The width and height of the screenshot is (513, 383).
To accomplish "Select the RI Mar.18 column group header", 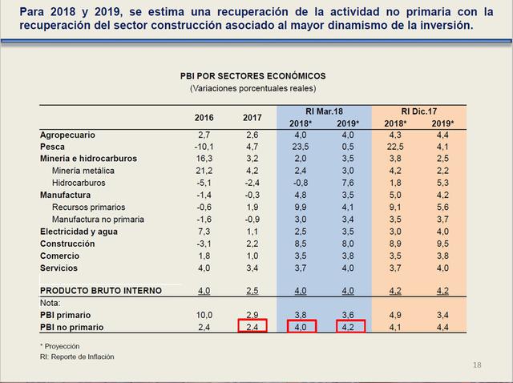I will (x=323, y=111).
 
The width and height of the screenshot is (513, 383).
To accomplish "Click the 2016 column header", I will (x=204, y=118).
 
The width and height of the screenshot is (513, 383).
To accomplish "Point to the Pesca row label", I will (x=53, y=147).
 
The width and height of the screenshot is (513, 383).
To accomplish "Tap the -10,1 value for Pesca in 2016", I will (x=203, y=147).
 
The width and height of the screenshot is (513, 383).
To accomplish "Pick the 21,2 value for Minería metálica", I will (x=203, y=171).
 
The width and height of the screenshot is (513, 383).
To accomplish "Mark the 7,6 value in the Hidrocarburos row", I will (x=347, y=182).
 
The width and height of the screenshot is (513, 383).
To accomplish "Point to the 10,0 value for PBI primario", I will (x=203, y=316).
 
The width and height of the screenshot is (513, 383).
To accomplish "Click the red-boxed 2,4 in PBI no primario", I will (x=252, y=327).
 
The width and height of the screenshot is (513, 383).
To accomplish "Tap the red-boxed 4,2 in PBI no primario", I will (x=347, y=327).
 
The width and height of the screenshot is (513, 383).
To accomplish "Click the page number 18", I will (x=478, y=365).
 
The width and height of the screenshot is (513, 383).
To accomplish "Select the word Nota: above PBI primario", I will (x=50, y=303).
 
